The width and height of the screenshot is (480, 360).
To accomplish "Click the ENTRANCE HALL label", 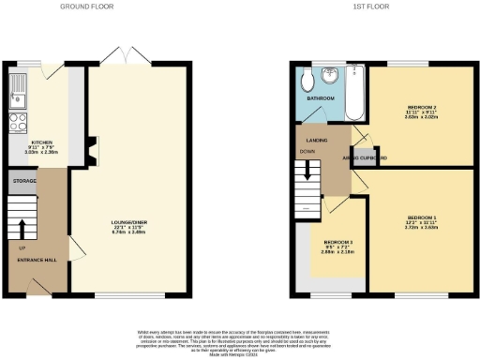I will click(x=35, y=259).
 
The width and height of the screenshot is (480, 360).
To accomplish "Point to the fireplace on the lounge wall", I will click(x=90, y=148).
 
